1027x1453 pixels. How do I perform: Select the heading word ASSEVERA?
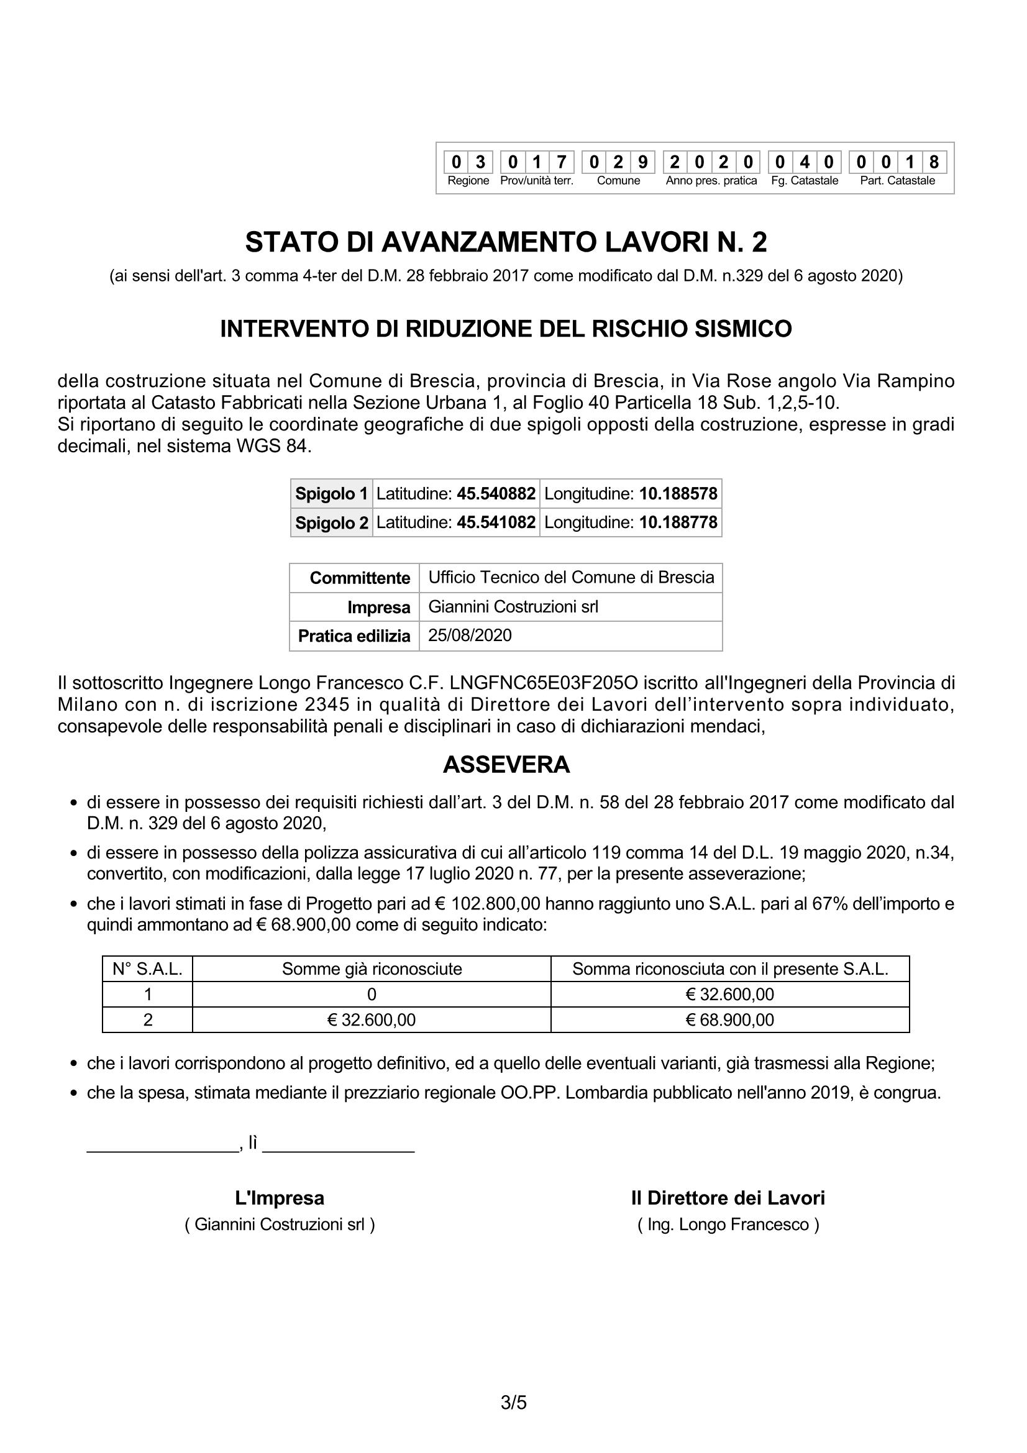(x=506, y=765)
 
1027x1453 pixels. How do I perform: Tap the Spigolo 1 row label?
(x=332, y=494)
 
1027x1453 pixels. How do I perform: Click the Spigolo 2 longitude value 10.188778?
(x=678, y=522)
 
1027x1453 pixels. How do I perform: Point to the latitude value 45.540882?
(x=496, y=494)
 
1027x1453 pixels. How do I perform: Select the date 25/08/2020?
(x=470, y=635)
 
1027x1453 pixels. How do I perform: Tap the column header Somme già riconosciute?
(x=372, y=969)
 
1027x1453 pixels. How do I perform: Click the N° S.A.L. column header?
(x=147, y=969)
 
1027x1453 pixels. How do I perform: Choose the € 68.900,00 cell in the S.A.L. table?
(x=729, y=1019)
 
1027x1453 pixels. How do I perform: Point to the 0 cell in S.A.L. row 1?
(x=372, y=994)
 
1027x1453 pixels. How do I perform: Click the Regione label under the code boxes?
(x=468, y=181)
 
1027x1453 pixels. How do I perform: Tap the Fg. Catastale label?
(x=804, y=181)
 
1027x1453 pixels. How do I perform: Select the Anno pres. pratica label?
(x=711, y=181)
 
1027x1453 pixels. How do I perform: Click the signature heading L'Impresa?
(x=280, y=1198)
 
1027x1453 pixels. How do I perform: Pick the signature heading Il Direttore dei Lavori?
(x=728, y=1198)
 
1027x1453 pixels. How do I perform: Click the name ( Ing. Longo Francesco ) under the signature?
(x=728, y=1224)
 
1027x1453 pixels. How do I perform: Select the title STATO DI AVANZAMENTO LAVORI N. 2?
(x=506, y=242)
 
